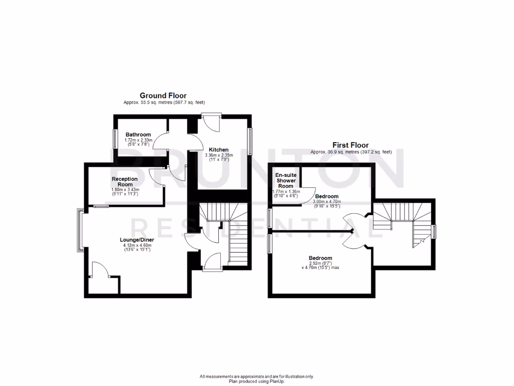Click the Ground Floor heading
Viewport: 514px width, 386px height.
click(163, 95)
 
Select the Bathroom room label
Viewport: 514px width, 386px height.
click(138, 135)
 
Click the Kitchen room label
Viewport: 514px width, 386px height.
click(219, 150)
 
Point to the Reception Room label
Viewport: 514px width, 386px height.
click(124, 181)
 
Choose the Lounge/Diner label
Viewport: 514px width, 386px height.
click(137, 240)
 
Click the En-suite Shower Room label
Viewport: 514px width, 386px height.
click(286, 180)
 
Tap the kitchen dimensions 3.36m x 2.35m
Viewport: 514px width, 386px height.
click(219, 156)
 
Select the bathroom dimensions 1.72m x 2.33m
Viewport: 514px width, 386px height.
click(138, 140)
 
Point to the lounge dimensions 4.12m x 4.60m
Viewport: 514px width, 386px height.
click(137, 246)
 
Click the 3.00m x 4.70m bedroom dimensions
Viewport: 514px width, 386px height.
click(327, 202)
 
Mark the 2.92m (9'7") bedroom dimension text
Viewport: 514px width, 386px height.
click(320, 263)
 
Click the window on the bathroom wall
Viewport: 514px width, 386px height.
click(114, 138)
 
